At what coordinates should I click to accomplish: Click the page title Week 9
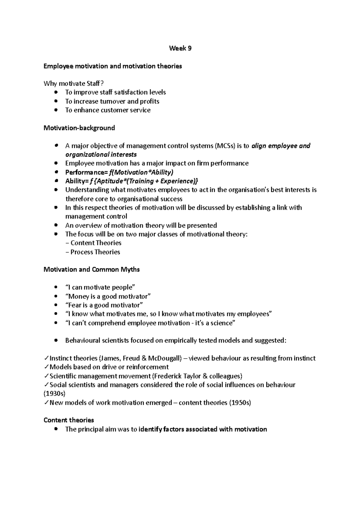coord(180,48)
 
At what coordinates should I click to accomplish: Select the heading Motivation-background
coord(79,128)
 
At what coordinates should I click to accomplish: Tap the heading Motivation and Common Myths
coord(91,269)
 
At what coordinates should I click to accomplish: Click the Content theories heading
coord(69,420)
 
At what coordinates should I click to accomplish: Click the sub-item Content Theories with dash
coord(93,243)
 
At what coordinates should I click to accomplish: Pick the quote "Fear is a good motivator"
coord(104,305)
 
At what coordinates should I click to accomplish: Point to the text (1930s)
coord(54,393)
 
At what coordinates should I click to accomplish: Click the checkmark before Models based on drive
coord(46,367)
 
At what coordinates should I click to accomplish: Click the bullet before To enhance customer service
coord(56,110)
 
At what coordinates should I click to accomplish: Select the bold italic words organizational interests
coord(101,155)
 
